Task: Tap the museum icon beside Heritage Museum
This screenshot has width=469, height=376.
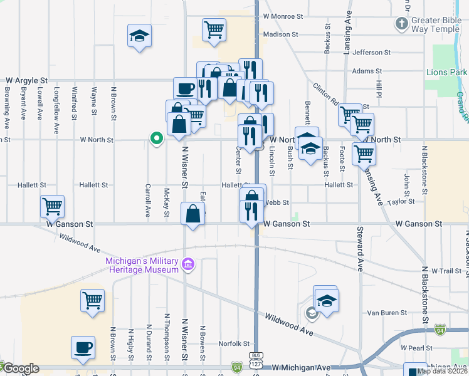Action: point(187,266)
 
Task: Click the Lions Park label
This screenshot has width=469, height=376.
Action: point(446,72)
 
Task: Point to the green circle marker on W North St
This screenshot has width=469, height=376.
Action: point(155,138)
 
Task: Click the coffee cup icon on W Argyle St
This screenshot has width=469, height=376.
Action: point(186,89)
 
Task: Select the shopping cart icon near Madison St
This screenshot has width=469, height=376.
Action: point(214,29)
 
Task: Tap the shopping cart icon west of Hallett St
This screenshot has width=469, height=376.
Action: point(52,206)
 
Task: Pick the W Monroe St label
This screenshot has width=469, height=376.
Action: point(283,16)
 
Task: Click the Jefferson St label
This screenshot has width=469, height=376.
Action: point(371,53)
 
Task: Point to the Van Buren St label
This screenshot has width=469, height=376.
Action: point(384,313)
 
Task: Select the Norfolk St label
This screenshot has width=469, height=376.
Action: point(234,343)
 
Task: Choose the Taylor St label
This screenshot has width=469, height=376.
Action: point(401,201)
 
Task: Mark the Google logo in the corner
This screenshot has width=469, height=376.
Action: point(21,368)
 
